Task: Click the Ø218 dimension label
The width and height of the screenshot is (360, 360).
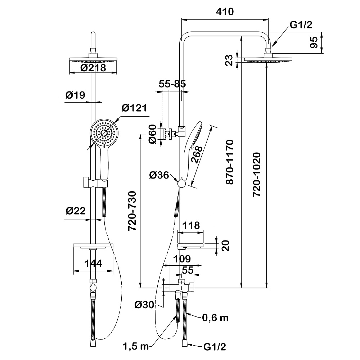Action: click(93, 68)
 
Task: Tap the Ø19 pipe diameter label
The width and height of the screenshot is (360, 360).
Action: click(75, 95)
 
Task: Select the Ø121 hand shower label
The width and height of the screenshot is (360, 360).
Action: click(134, 108)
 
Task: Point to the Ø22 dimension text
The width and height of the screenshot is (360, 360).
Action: click(75, 211)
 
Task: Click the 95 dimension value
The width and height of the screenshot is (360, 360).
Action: click(314, 42)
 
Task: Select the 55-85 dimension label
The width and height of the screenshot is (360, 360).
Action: click(172, 84)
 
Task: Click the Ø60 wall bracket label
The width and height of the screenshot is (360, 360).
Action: click(153, 134)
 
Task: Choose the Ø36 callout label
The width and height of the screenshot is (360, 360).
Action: click(158, 176)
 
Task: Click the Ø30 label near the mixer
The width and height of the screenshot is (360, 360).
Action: click(144, 305)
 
